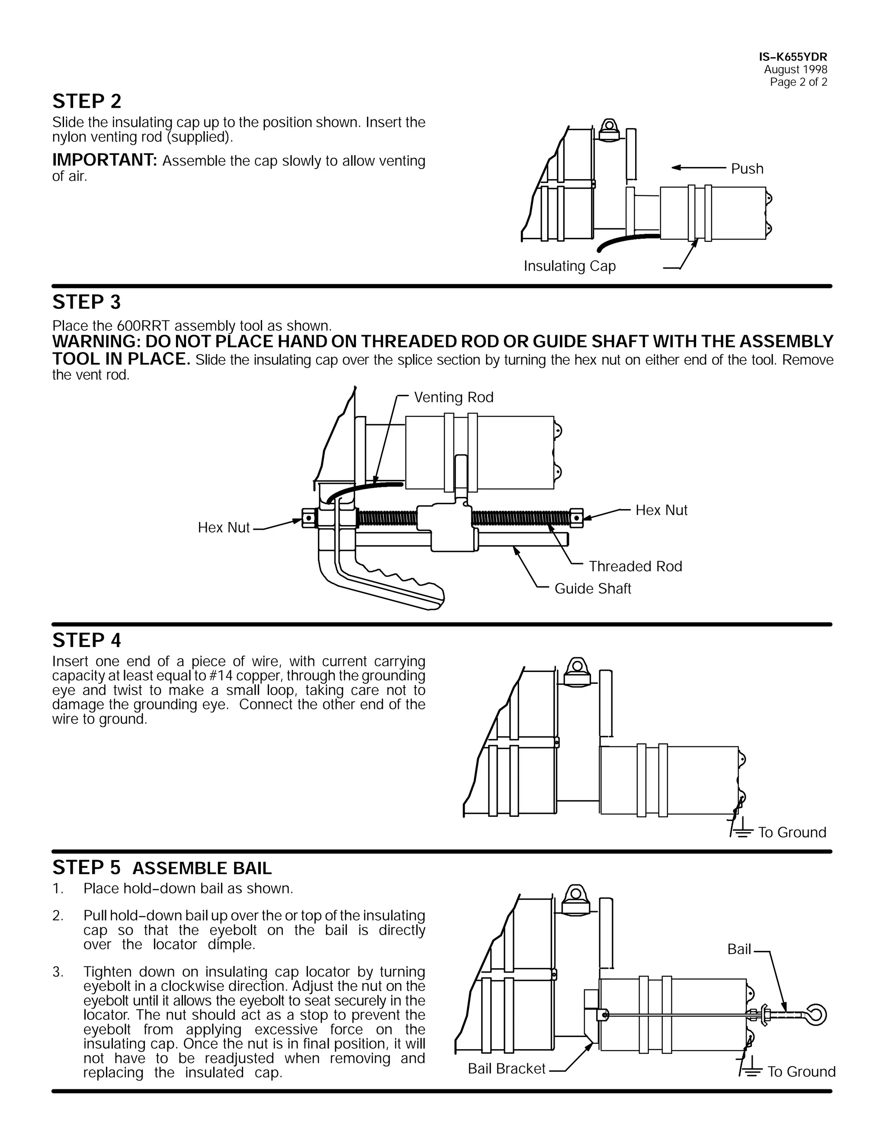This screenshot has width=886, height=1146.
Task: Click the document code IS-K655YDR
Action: [x=793, y=57]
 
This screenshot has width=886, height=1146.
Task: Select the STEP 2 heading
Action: [x=87, y=101]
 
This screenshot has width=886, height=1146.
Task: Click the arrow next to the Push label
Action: [x=698, y=167]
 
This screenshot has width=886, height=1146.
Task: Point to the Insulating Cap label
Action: [x=569, y=266]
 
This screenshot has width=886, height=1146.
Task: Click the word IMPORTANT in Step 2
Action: [x=104, y=160]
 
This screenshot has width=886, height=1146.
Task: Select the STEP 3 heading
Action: [x=87, y=302]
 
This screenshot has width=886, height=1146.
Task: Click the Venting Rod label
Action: [x=453, y=397]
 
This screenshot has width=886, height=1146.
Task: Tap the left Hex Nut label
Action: [x=224, y=527]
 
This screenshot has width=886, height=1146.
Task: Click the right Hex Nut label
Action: [x=661, y=510]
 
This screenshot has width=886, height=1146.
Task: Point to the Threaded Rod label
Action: [x=635, y=566]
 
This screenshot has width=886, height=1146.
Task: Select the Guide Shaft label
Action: [x=593, y=589]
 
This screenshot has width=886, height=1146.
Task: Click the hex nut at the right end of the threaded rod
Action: [x=576, y=517]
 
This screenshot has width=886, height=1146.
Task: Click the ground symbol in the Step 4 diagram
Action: [x=741, y=832]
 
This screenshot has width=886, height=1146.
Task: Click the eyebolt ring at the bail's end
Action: [x=817, y=1015]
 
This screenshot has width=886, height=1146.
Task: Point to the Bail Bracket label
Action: [x=507, y=1069]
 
